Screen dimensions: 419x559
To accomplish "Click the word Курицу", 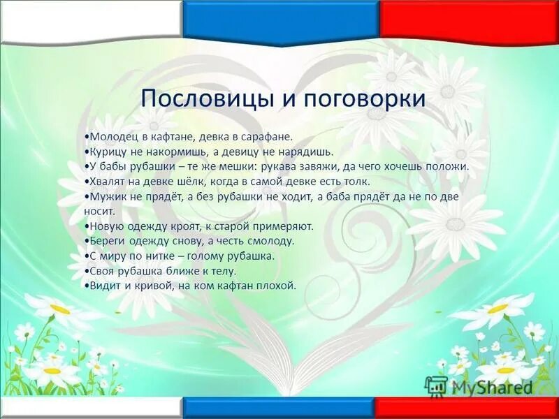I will pyautogui.click(x=107, y=152).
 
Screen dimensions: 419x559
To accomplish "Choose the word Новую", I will pyautogui.click(x=106, y=226).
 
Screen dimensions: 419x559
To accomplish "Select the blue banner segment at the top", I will pyautogui.click(x=279, y=21).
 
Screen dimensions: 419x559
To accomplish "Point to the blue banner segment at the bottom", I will pyautogui.click(x=279, y=408).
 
